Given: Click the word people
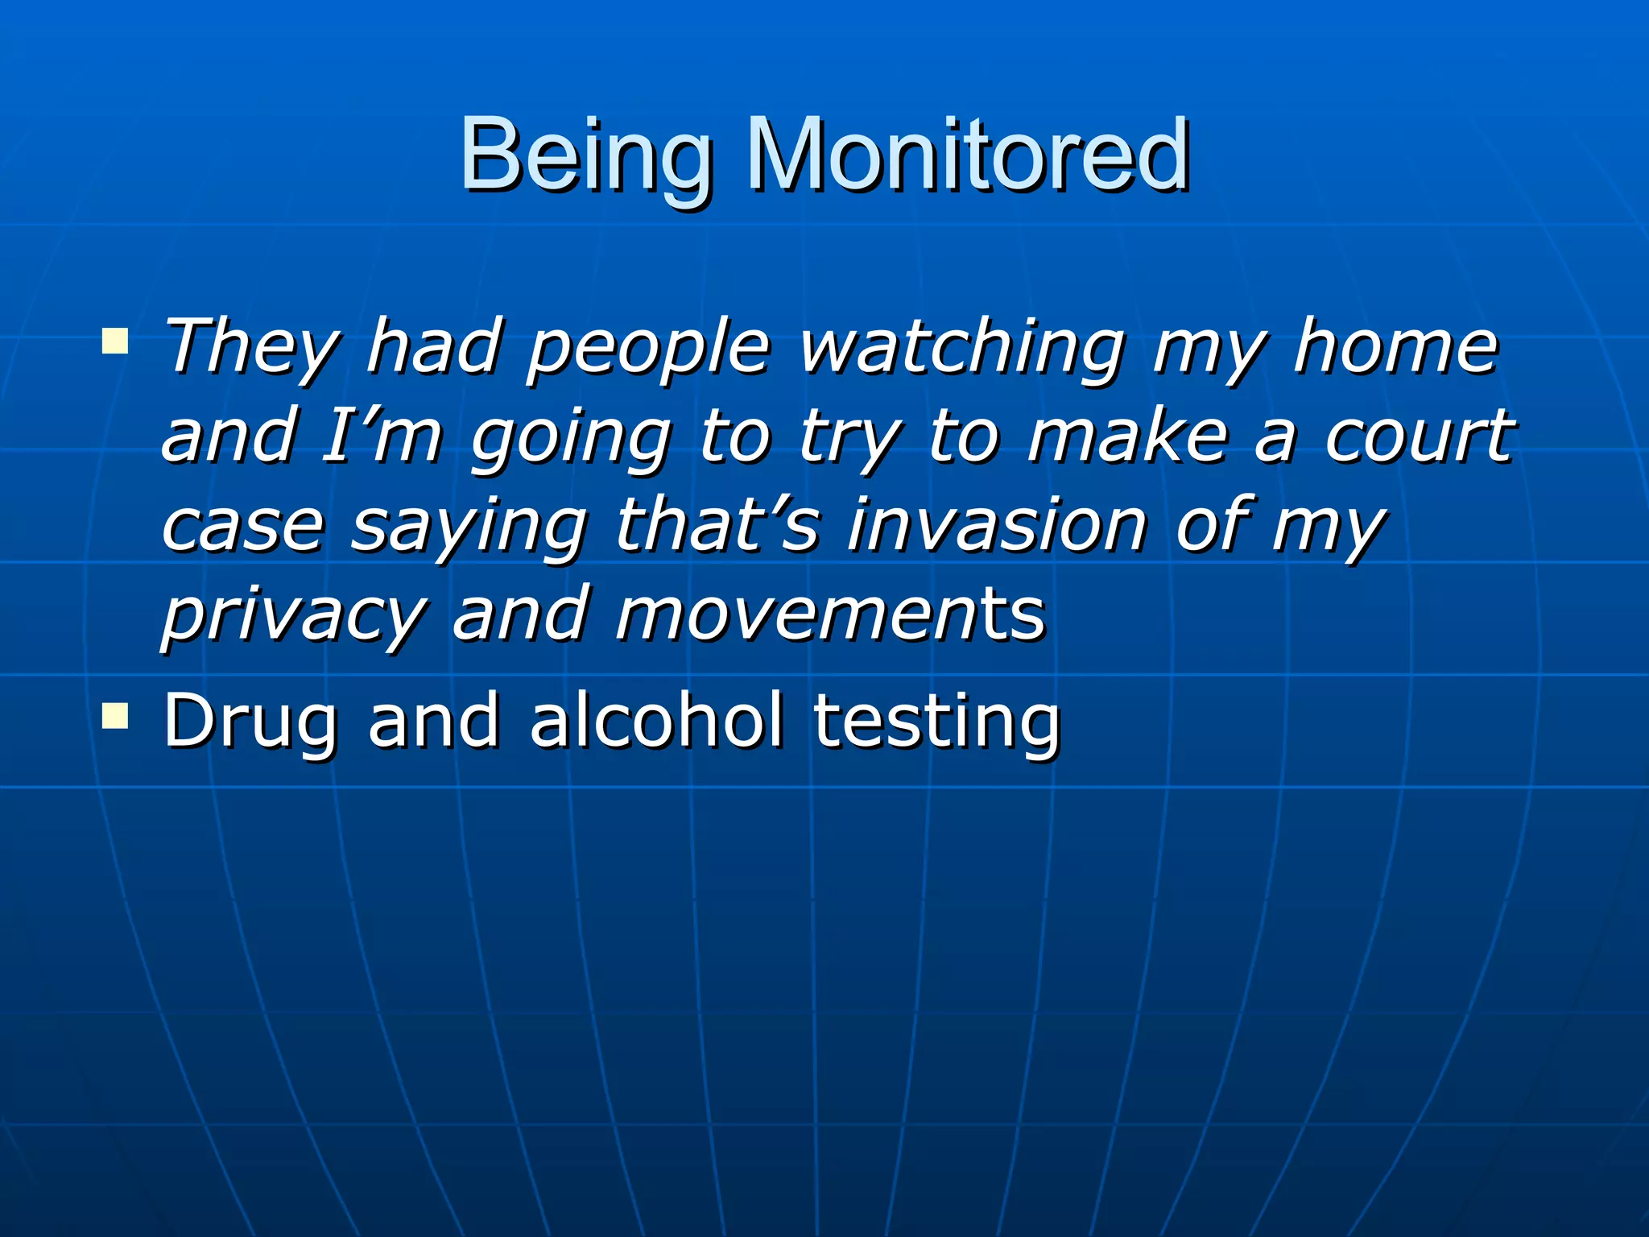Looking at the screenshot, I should click(649, 348).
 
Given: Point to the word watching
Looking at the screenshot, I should click(961, 348).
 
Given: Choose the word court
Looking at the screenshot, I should click(1420, 436).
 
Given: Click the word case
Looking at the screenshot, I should click(242, 526).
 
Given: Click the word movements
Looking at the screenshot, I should click(830, 614).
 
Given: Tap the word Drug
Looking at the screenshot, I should click(250, 721).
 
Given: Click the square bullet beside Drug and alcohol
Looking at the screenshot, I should click(115, 714).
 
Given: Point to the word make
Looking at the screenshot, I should click(1127, 436).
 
